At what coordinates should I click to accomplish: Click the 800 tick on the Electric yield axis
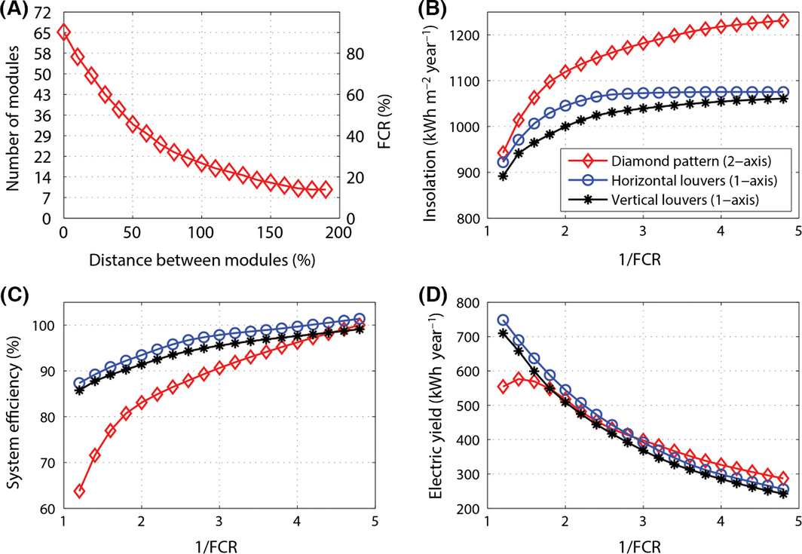473,303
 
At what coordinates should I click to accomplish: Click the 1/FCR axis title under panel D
640,543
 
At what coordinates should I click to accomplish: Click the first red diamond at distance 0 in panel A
64,32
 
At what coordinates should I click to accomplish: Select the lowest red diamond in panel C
79,491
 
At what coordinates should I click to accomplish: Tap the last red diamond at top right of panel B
783,20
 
